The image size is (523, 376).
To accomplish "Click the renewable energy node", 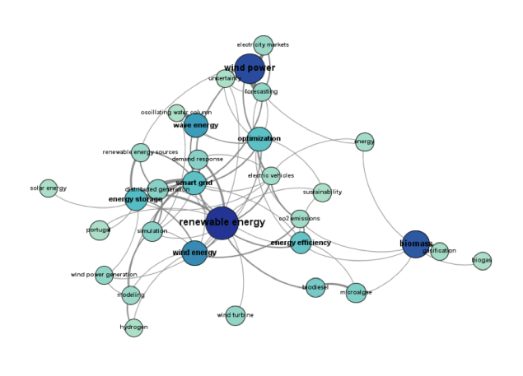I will coord(222,223).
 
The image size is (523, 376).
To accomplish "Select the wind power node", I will coord(250,69).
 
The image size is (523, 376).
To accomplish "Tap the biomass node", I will coord(416,244).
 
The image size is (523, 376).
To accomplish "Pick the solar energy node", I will coord(49,188).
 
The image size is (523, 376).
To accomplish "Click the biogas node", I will coord(483,261).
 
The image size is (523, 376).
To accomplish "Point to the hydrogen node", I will coord(133,327).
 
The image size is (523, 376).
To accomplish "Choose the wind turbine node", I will coord(236,315).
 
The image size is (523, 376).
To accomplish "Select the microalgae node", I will coord(356,293).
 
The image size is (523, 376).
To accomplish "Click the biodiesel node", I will coord(315,287).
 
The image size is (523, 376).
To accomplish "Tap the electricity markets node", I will coord(264,45).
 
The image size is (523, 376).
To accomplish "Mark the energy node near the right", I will coord(365,142).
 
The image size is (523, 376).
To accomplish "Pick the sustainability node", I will coord(322,193).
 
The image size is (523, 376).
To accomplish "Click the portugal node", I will coord(99,230).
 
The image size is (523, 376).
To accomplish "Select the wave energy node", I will coord(196,126).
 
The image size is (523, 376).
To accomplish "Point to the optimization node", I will coord(259,139).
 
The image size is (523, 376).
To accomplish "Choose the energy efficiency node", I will coord(301,243).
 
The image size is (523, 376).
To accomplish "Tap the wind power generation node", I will coord(104,275).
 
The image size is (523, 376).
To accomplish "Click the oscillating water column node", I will coord(177,113).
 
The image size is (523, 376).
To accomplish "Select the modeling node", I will coord(131,295).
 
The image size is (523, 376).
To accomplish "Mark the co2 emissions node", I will coord(300,219).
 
